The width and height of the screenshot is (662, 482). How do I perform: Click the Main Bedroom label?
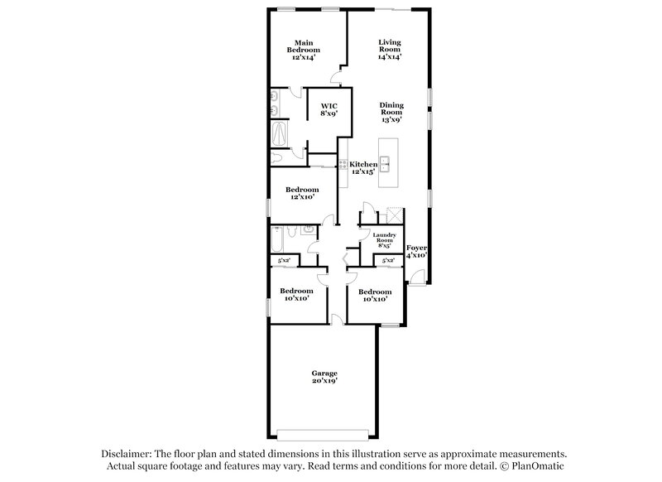click(x=304, y=50)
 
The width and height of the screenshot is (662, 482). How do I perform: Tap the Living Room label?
click(x=390, y=50)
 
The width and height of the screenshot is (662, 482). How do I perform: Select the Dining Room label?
click(x=391, y=112)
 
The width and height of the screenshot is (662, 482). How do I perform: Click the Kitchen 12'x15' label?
click(x=362, y=168)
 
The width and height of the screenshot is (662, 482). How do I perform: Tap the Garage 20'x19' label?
click(x=324, y=377)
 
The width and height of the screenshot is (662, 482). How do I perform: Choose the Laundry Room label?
click(x=384, y=240)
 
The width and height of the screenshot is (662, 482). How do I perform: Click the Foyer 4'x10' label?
click(x=416, y=252)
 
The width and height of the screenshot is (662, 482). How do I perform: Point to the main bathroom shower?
click(x=279, y=132)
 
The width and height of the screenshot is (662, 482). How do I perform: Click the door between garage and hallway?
click(x=333, y=319)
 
